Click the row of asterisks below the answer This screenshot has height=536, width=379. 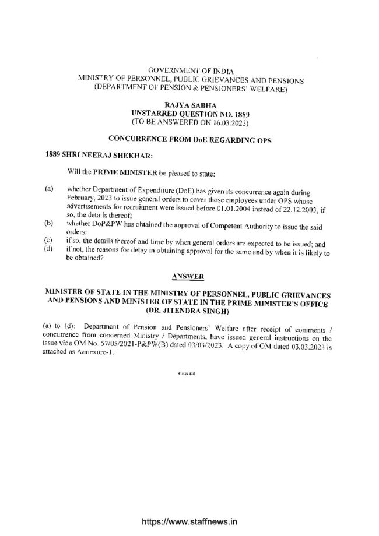pyautogui.click(x=186, y=373)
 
